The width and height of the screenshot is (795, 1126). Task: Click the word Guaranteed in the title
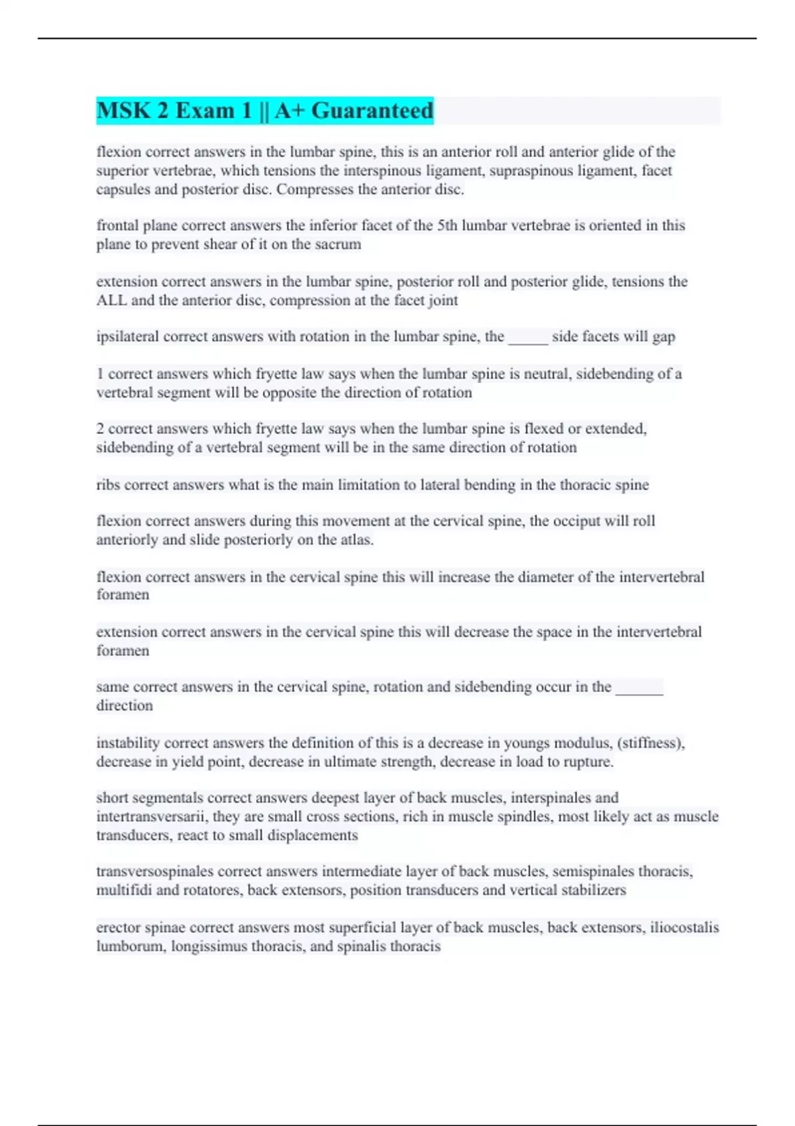(x=372, y=111)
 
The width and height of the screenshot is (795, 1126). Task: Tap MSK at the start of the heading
(x=124, y=111)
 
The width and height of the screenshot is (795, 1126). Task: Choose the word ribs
(x=108, y=486)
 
